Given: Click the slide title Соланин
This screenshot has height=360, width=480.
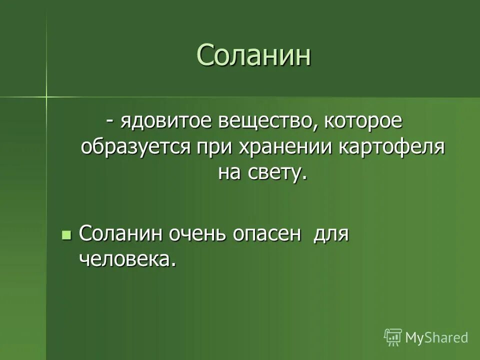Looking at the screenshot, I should [x=253, y=54].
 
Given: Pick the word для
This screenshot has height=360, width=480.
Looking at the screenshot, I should [x=330, y=234].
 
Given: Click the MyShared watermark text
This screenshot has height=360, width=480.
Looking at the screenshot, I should [x=436, y=337].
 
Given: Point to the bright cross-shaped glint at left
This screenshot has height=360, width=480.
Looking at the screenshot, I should [x=46, y=95].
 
